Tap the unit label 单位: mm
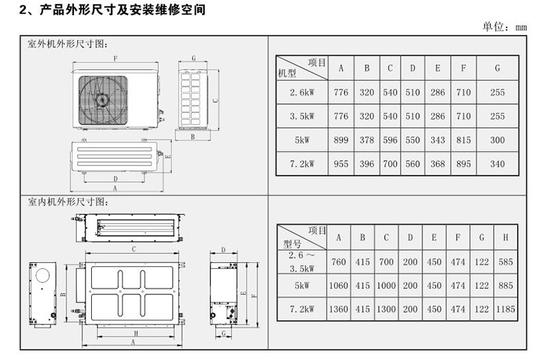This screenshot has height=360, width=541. (x=505, y=27)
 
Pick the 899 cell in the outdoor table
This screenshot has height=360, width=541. (x=340, y=140)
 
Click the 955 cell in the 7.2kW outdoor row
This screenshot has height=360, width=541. (x=340, y=164)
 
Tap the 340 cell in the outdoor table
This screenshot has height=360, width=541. (x=498, y=164)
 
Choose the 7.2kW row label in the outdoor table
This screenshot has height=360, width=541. (x=302, y=164)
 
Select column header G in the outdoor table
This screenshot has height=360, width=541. (x=498, y=68)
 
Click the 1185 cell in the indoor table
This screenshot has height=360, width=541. (x=505, y=309)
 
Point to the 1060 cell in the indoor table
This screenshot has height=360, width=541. (x=338, y=285)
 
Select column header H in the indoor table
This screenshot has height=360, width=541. (x=505, y=237)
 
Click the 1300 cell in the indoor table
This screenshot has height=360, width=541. (x=386, y=309)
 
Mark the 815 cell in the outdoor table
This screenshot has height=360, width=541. (x=464, y=140)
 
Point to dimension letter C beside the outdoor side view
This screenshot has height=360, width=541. (x=214, y=99)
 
